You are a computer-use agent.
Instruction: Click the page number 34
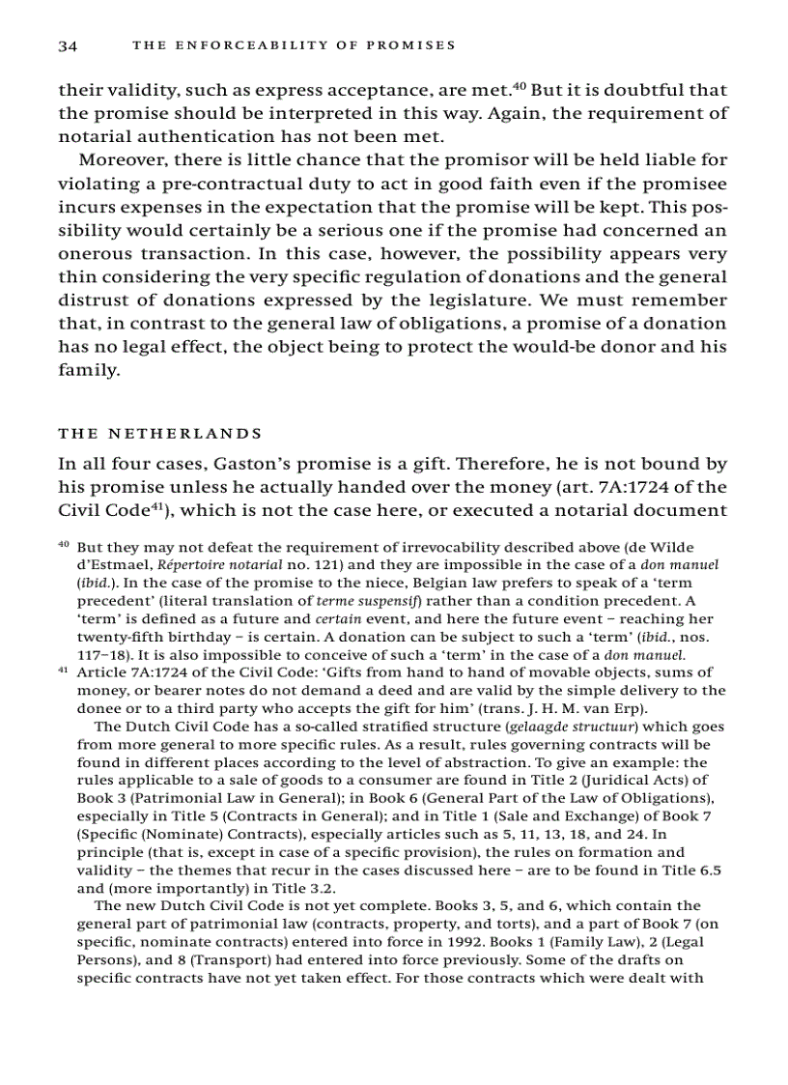68,45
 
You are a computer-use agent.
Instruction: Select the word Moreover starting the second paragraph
117,159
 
